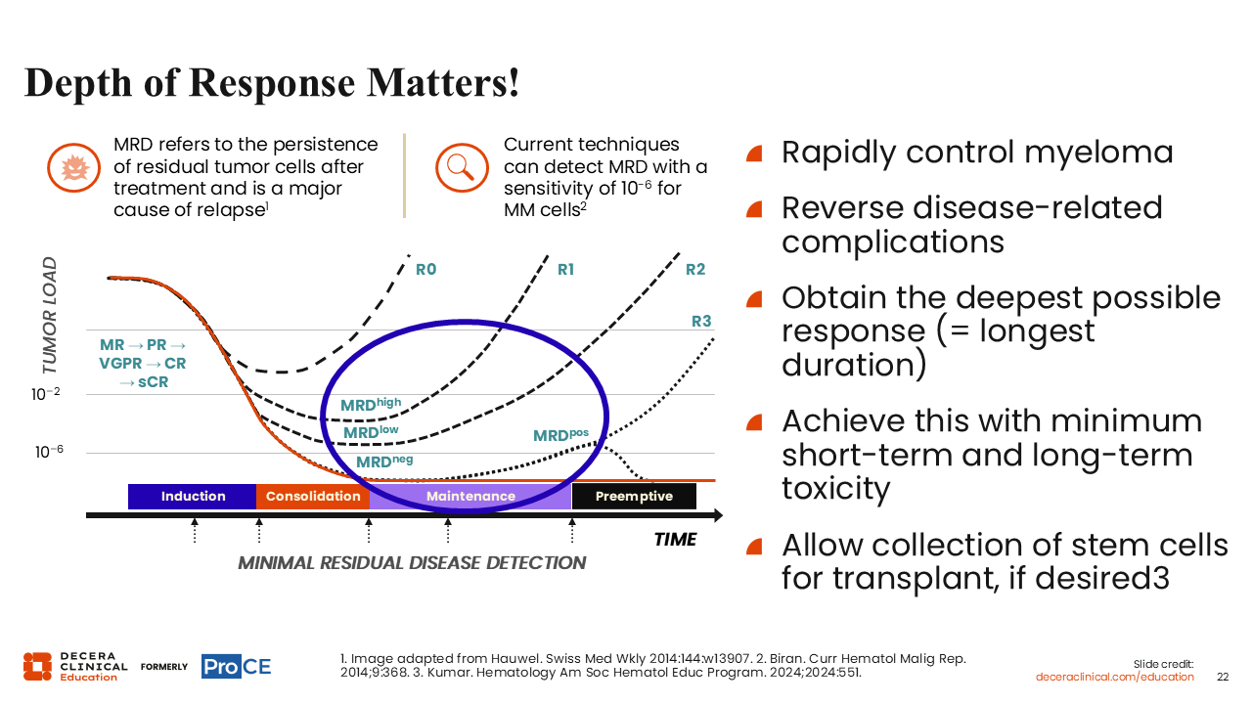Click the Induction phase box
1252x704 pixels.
point(193,496)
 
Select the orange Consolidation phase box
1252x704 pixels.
point(313,496)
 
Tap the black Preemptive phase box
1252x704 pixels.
point(634,496)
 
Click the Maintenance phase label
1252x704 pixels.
point(470,496)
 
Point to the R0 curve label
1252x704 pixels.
point(425,269)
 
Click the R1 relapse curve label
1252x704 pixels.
point(565,269)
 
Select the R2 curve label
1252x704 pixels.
point(695,269)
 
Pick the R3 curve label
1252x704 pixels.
point(701,322)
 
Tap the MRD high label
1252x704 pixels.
point(371,404)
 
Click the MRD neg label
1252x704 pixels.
point(384,461)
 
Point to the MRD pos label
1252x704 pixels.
point(560,435)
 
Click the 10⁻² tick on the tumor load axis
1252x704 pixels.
point(45,394)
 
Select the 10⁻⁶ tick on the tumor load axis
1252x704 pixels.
point(49,452)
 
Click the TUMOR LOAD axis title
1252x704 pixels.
point(50,315)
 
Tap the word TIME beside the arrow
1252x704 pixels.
point(675,539)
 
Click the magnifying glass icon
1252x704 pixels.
point(462,167)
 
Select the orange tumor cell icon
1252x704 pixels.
point(73,167)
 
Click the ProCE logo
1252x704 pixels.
point(236,666)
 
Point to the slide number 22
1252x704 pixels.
point(1223,677)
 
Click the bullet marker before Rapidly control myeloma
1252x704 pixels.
point(754,154)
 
